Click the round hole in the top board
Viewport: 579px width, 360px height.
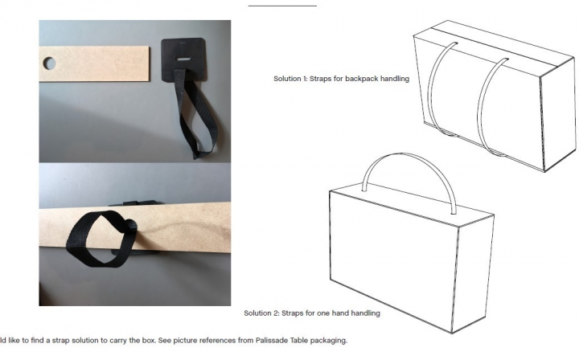(x=50, y=63)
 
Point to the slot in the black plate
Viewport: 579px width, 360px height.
(x=183, y=59)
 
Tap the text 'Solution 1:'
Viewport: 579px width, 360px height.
(x=290, y=79)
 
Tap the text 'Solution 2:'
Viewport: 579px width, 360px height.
(x=261, y=313)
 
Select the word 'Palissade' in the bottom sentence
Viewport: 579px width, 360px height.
(x=272, y=340)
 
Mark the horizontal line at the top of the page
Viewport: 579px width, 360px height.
(x=282, y=6)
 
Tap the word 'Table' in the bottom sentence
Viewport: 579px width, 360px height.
(x=298, y=340)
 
